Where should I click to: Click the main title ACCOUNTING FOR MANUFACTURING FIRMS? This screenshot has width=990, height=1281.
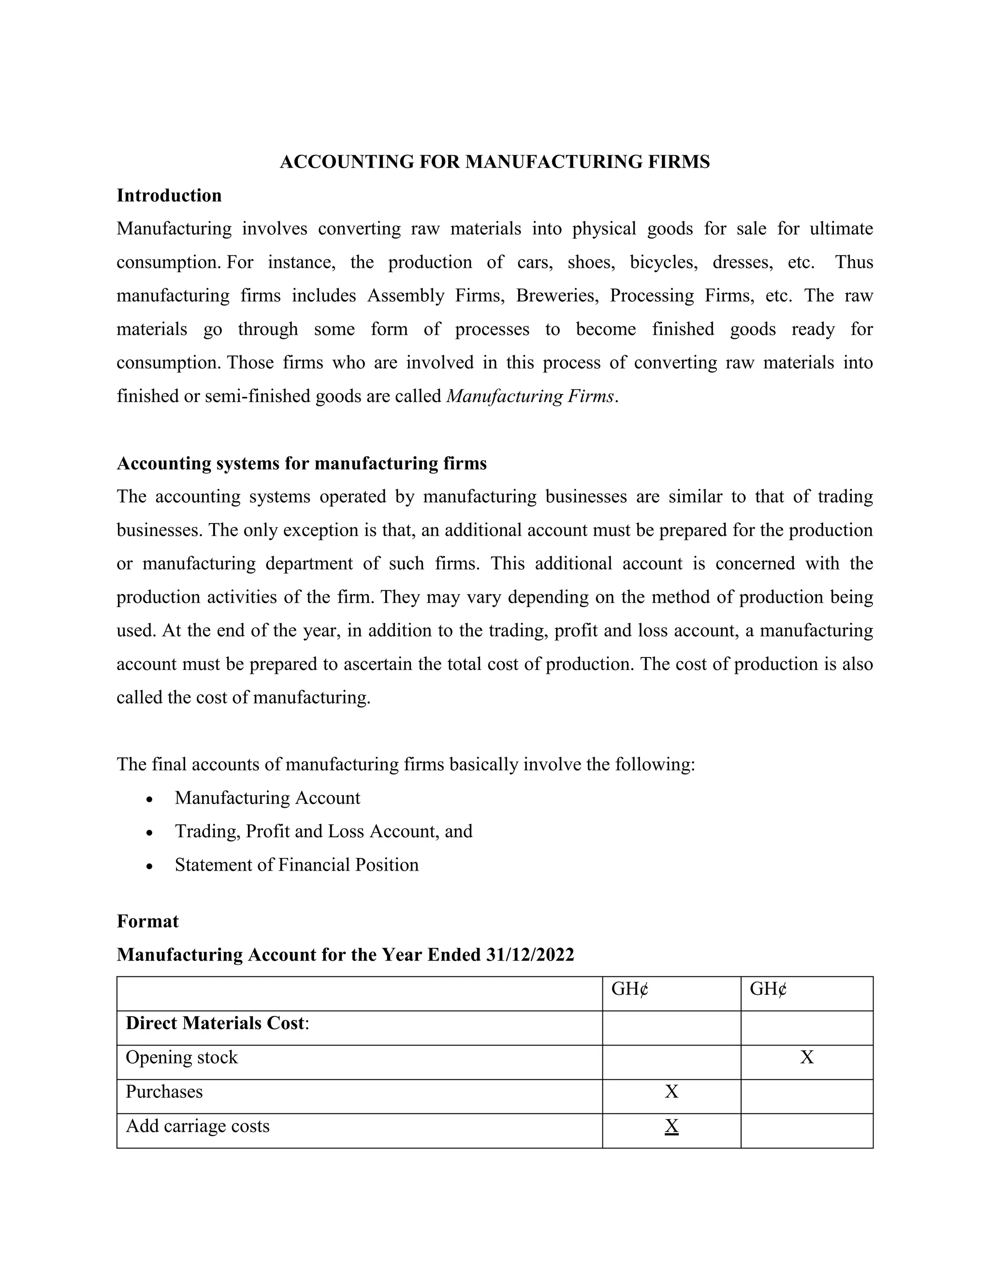(x=495, y=162)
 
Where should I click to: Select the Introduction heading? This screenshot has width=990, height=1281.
(x=169, y=195)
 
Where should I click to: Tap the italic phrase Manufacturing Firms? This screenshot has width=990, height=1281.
(x=531, y=396)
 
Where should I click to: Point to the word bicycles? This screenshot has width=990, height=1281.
(x=663, y=262)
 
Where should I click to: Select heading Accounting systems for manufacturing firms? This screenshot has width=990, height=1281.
(x=302, y=464)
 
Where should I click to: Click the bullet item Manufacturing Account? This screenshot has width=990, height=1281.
(x=267, y=798)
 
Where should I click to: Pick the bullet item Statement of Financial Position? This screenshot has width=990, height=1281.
(x=296, y=865)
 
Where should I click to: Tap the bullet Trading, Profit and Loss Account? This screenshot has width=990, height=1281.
(x=323, y=832)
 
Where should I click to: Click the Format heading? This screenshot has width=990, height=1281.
(x=147, y=921)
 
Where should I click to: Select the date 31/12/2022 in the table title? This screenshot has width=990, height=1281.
(x=530, y=955)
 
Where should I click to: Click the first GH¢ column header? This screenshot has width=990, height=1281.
(x=629, y=990)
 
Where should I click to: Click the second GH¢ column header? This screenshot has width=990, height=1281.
(x=768, y=990)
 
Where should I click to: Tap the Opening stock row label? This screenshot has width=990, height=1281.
(x=181, y=1058)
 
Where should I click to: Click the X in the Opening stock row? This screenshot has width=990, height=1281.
(x=806, y=1058)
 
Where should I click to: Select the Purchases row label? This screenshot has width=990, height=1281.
(x=164, y=1092)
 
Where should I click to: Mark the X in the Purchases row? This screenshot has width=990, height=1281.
(x=671, y=1092)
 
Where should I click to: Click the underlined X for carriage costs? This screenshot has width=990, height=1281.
(x=671, y=1126)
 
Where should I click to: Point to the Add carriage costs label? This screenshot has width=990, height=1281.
(x=197, y=1126)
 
